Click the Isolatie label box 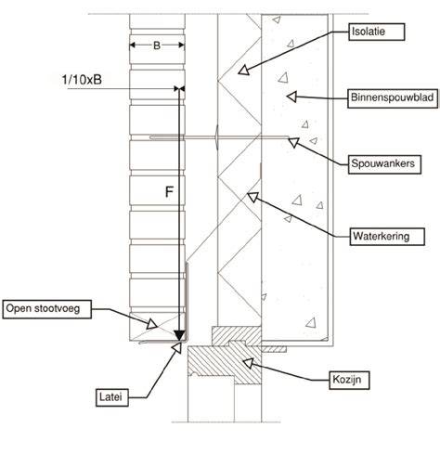tap(376, 32)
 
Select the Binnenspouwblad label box tap(393, 98)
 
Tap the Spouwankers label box tap(384, 163)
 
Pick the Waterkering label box tap(387, 237)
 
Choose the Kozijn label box tap(349, 380)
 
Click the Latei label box tap(111, 397)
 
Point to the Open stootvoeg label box tap(46, 309)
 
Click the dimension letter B tap(157, 45)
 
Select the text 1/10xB tap(82, 80)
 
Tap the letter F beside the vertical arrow tap(169, 192)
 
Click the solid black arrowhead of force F tap(179, 335)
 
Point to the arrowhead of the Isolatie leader tap(244, 70)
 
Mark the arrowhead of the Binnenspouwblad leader tap(291, 97)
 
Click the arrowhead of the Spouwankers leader tap(293, 142)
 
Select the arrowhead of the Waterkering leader tap(252, 197)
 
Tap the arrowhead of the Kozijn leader tap(248, 363)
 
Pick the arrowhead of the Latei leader tap(177, 347)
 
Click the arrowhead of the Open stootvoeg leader tap(151, 324)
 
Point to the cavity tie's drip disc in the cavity tap(217, 137)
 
